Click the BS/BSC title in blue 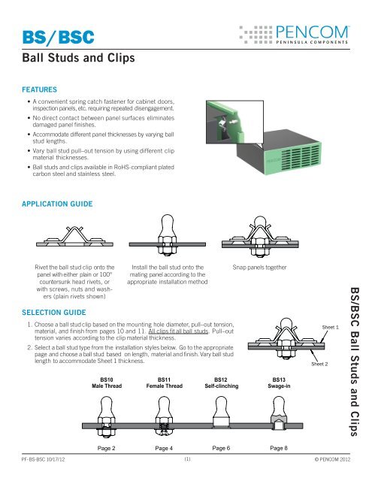click(43, 38)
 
